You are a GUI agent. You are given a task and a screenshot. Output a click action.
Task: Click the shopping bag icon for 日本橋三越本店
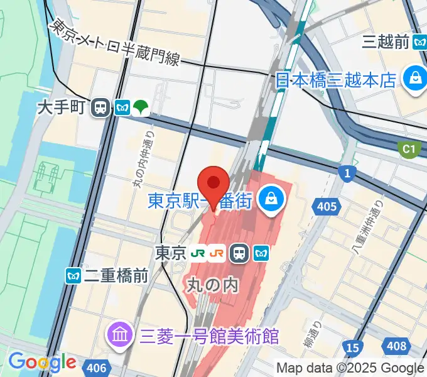(415, 79)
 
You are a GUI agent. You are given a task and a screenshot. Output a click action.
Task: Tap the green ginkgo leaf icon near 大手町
(141, 108)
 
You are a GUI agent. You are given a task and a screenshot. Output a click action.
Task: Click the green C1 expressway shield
(409, 149)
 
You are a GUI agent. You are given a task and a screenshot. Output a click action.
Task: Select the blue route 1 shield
(346, 173)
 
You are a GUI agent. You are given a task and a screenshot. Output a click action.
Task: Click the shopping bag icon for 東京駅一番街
(271, 200)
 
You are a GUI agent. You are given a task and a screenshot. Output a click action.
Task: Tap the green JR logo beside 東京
(199, 253)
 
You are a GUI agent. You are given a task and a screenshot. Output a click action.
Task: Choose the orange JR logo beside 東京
(218, 253)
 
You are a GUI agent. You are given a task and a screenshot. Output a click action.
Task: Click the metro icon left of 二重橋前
(73, 275)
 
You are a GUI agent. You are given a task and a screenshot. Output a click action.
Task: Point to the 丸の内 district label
(213, 285)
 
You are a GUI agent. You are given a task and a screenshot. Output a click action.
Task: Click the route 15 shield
(353, 346)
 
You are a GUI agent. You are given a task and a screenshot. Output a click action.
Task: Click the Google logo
(42, 362)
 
